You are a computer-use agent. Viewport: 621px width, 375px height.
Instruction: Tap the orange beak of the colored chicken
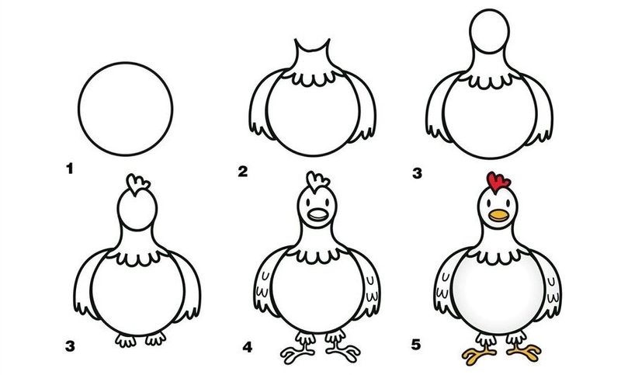pos(498,215)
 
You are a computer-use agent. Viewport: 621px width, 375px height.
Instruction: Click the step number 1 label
pos(70,169)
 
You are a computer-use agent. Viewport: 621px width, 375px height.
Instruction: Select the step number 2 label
pos(242,171)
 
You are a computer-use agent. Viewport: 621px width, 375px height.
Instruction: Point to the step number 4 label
pos(247,347)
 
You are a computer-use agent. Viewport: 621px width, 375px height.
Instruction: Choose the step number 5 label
pos(415,345)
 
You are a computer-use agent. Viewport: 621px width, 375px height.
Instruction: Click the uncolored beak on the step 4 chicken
pos(318,216)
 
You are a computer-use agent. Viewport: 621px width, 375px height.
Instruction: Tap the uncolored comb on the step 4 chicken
pos(317,182)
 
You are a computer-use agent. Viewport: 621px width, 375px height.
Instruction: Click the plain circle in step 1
pos(125,63)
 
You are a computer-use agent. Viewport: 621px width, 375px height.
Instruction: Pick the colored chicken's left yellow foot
pos(478,352)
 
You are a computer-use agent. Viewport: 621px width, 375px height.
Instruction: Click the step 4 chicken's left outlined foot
pos(298,353)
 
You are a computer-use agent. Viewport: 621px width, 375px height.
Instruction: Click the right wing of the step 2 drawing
pos(365,107)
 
